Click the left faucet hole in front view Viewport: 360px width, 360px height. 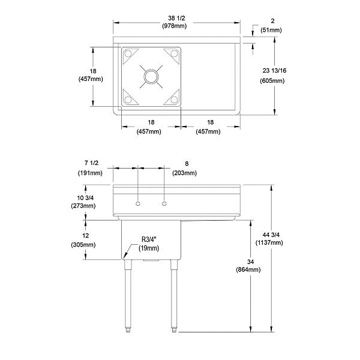click(x=138, y=205)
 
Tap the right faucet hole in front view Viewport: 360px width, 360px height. click(x=163, y=205)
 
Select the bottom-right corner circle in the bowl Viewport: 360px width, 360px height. click(x=175, y=99)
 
